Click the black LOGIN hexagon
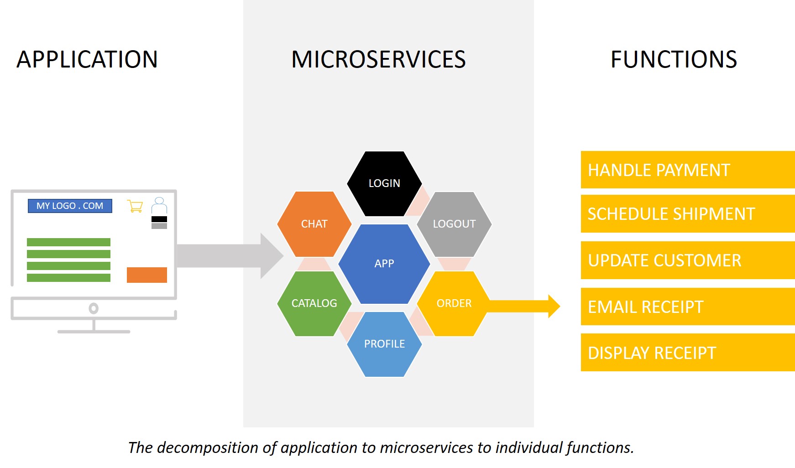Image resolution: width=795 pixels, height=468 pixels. [x=384, y=183]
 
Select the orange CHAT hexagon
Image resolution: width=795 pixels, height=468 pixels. [x=314, y=224]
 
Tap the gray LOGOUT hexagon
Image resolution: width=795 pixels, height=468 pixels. [x=454, y=224]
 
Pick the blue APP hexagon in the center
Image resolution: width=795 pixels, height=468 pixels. [x=384, y=264]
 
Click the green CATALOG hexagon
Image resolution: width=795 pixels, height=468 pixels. [x=314, y=303]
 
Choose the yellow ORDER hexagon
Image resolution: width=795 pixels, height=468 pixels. [x=454, y=303]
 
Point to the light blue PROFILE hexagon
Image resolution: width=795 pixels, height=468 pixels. [x=384, y=344]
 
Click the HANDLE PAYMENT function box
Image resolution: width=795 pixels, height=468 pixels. [x=688, y=170]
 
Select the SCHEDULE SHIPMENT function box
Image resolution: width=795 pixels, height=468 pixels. [x=688, y=213]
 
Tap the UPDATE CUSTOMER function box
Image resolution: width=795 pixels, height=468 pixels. [x=688, y=260]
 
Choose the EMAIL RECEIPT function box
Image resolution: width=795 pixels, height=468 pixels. [x=688, y=307]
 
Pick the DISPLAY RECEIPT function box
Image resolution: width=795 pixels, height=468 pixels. [x=688, y=353]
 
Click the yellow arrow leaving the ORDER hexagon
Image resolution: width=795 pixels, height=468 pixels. [x=524, y=306]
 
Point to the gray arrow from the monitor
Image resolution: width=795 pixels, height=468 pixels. [x=230, y=256]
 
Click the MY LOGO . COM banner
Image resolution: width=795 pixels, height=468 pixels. [x=70, y=206]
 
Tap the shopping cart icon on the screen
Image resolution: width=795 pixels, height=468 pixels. [x=135, y=206]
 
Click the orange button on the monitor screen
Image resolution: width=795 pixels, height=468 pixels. [x=147, y=275]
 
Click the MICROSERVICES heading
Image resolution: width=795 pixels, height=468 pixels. [x=378, y=59]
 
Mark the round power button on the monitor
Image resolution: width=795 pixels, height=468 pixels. [x=94, y=309]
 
